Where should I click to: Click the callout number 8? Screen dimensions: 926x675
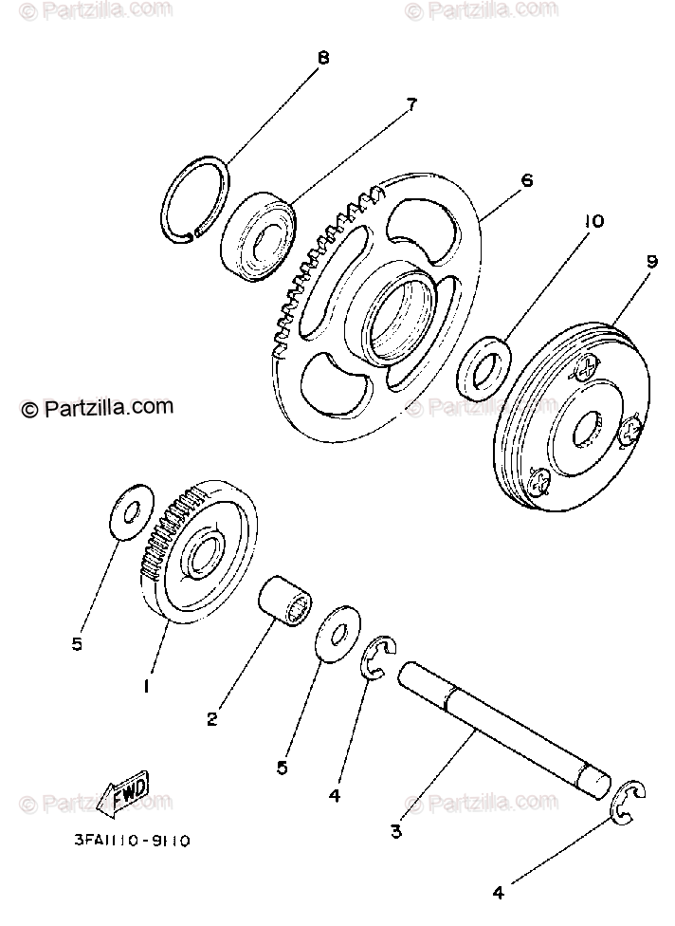(323, 58)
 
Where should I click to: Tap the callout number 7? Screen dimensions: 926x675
(411, 106)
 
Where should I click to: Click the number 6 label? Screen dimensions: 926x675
(527, 179)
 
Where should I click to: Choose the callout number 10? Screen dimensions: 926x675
(593, 222)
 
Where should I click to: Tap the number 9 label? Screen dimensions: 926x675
(652, 262)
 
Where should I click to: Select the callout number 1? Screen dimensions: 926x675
(146, 686)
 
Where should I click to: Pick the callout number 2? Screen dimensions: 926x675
(211, 719)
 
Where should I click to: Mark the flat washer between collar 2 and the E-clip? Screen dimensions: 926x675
(336, 637)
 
